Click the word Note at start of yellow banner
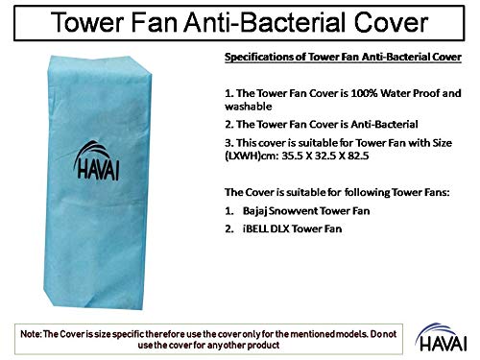[x=39, y=330]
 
